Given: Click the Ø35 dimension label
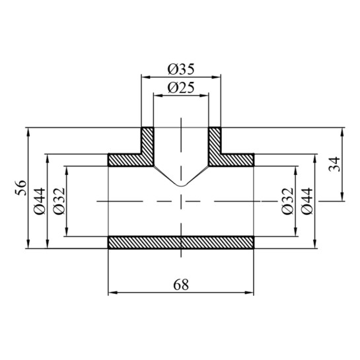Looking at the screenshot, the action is pyautogui.click(x=181, y=69).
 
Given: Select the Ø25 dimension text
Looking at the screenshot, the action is pyautogui.click(x=181, y=87).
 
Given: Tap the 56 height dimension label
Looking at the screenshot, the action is pyautogui.click(x=21, y=188).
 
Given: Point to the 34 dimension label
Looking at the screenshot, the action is pyautogui.click(x=334, y=164).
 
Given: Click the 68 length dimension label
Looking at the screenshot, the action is pyautogui.click(x=181, y=285).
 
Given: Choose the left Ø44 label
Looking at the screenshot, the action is pyautogui.click(x=40, y=201).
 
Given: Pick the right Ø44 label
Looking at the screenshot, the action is pyautogui.click(x=306, y=201).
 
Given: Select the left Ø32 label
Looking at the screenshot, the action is pyautogui.click(x=59, y=201).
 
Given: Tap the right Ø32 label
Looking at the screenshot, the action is pyautogui.click(x=287, y=201).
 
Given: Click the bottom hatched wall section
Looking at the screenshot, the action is pyautogui.click(x=181, y=242).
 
